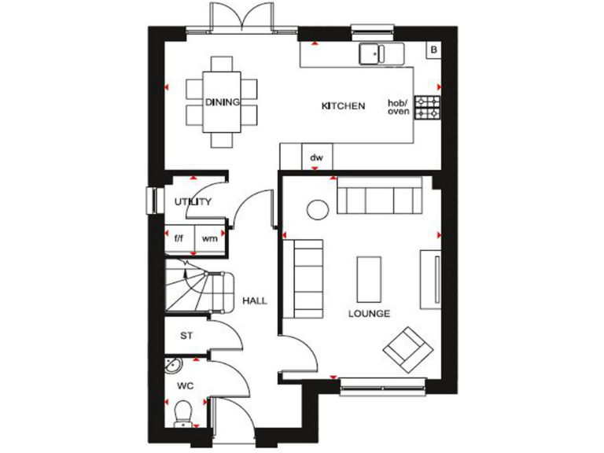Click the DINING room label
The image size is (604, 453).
click(x=222, y=102)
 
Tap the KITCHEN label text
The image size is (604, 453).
click(x=343, y=105)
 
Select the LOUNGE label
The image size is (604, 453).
click(x=370, y=314)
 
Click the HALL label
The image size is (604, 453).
click(x=254, y=301)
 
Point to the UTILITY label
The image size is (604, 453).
click(x=193, y=202)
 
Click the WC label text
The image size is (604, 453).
click(x=186, y=385)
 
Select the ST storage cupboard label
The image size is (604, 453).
click(x=186, y=336)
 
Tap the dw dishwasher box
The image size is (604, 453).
click(x=317, y=157)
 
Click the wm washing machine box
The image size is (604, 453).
click(x=209, y=238)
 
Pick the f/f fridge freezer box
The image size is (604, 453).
click(x=179, y=238)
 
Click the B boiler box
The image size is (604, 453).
click(x=433, y=50)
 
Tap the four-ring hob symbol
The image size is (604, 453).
click(x=427, y=108)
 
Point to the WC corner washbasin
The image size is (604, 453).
click(x=173, y=366)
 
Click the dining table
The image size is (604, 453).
click(x=222, y=102)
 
